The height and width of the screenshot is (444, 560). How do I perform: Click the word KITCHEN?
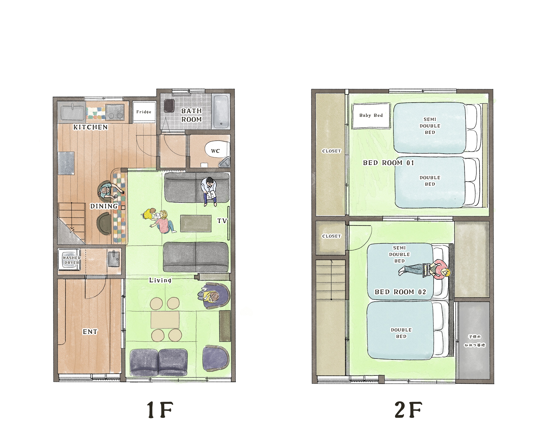click(90, 127)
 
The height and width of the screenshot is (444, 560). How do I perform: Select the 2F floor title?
click(408, 410)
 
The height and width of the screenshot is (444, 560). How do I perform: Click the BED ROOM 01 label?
click(388, 163)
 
